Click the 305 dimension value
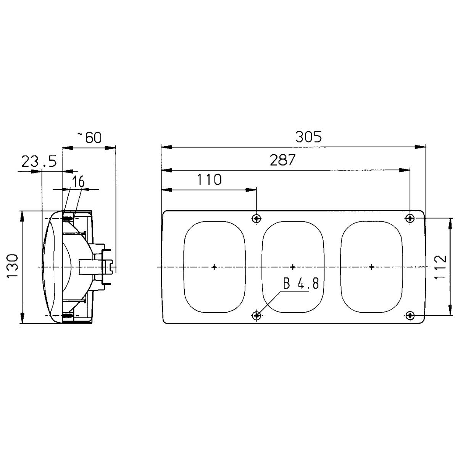308,137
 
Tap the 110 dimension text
209,179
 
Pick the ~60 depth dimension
89,137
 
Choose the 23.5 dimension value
39,161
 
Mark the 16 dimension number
78,182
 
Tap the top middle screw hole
256,218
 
